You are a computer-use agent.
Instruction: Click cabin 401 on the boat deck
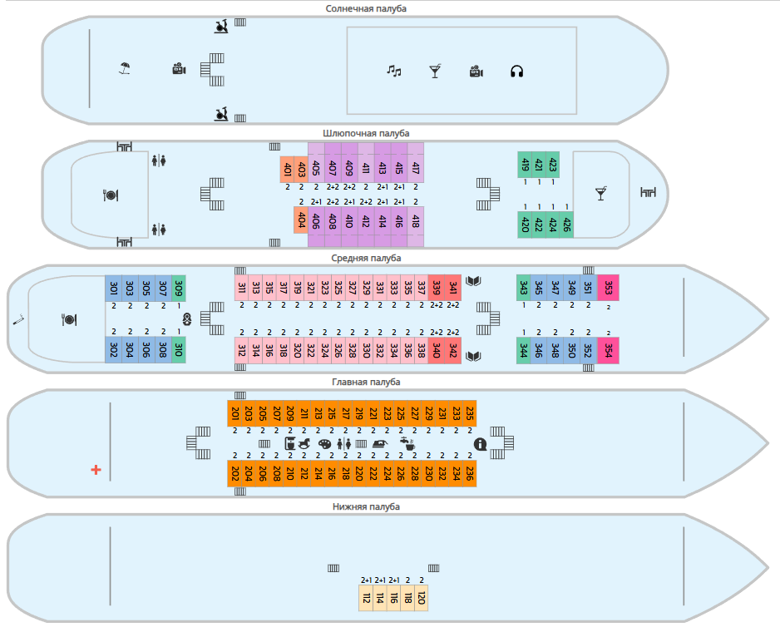point(287,169)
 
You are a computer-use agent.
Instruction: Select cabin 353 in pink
point(608,288)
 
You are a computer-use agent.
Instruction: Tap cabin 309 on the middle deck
point(179,288)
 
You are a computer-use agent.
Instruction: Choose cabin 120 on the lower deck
point(421,598)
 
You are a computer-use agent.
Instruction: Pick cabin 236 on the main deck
point(470,473)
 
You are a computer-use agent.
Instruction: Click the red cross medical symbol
point(96,469)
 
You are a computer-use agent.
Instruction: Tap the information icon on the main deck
point(480,444)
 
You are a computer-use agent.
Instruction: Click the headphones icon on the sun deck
point(517,72)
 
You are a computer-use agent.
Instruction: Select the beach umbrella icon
point(125,68)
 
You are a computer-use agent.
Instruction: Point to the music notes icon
point(394,72)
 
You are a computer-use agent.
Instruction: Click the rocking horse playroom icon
point(304,443)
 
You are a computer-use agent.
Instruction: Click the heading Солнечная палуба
point(366,8)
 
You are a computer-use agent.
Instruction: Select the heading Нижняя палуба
point(366,506)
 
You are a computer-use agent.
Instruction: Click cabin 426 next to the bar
point(566,225)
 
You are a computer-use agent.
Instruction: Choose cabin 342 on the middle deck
point(452,350)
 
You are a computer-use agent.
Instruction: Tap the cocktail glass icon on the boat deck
point(601,194)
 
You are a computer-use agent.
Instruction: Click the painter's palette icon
point(324,444)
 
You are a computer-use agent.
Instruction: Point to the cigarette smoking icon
point(18,320)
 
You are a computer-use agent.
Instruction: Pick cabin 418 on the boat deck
point(416,220)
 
